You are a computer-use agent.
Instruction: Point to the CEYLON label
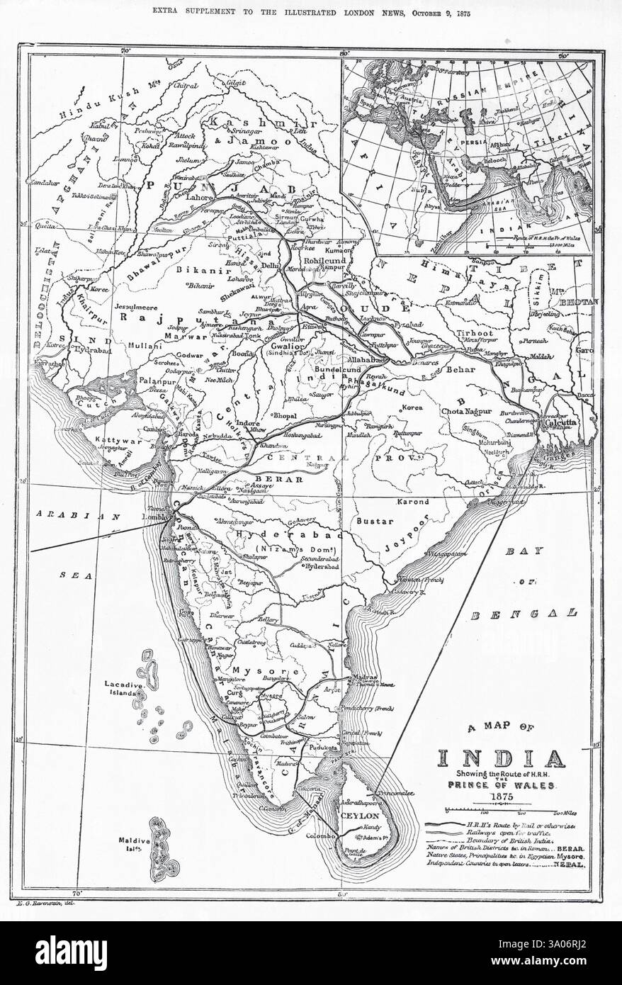(x=361, y=816)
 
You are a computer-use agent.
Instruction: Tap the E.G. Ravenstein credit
(x=45, y=901)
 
